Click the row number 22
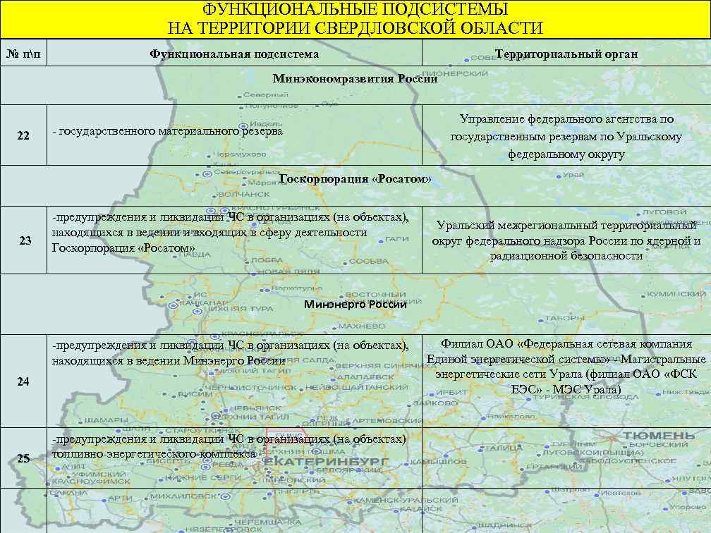(23, 135)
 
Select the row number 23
(25, 241)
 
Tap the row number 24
(23, 382)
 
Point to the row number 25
(23, 458)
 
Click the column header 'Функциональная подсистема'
(234, 54)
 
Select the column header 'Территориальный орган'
(566, 54)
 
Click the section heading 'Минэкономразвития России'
(355, 79)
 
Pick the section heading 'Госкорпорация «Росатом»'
(355, 179)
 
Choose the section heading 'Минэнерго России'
(355, 305)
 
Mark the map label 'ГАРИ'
(399, 239)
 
